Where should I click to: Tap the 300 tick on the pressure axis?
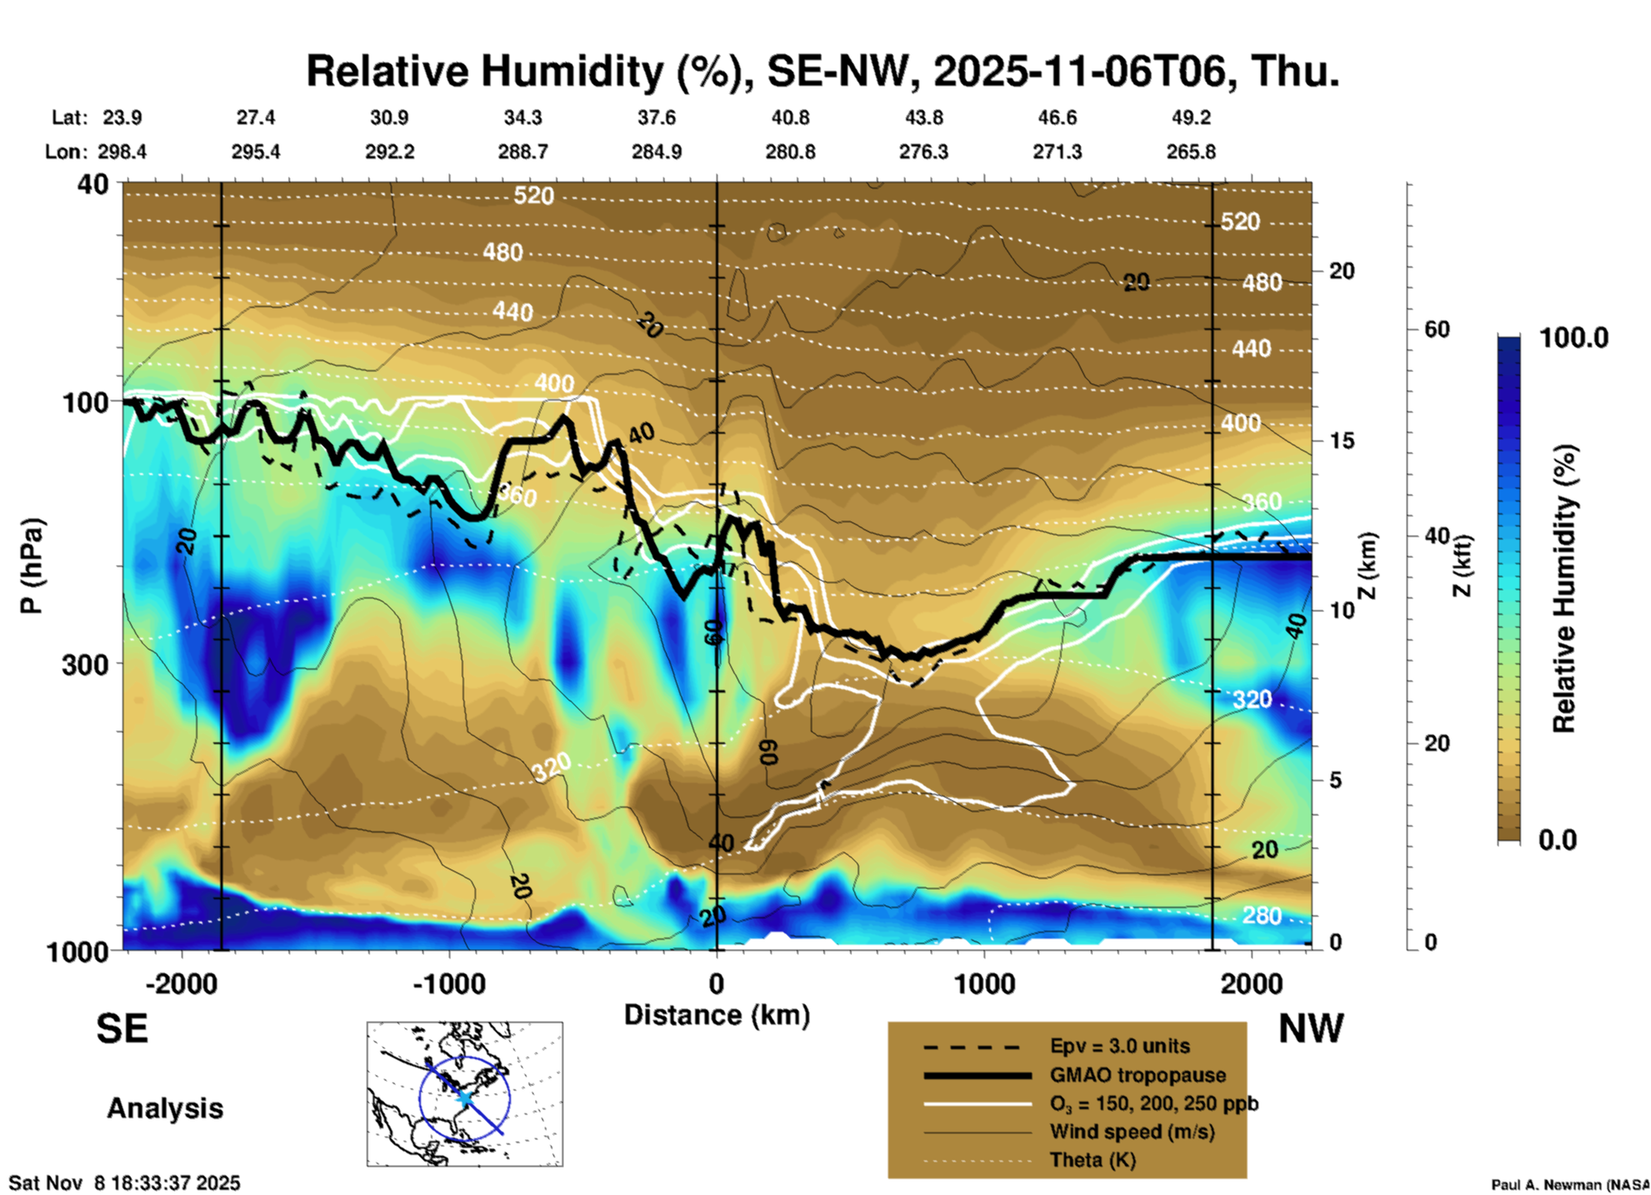click(85, 664)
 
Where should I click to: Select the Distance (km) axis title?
click(717, 1015)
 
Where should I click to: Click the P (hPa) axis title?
click(32, 566)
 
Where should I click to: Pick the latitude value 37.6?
click(656, 117)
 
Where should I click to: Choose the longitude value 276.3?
click(923, 152)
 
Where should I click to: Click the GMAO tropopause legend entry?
click(1138, 1075)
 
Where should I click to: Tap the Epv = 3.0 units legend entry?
click(1120, 1046)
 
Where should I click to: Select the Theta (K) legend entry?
click(1092, 1160)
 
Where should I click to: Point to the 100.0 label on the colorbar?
click(1574, 338)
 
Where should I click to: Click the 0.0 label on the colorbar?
click(1558, 839)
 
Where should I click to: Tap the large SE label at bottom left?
click(122, 1029)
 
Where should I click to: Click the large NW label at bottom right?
click(1311, 1029)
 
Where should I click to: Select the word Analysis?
click(165, 1108)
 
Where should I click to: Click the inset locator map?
click(465, 1093)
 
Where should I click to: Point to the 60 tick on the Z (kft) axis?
click(1437, 329)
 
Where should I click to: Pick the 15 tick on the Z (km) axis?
click(1342, 441)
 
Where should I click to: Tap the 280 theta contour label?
click(1262, 916)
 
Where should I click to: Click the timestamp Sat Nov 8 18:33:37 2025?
click(125, 1183)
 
